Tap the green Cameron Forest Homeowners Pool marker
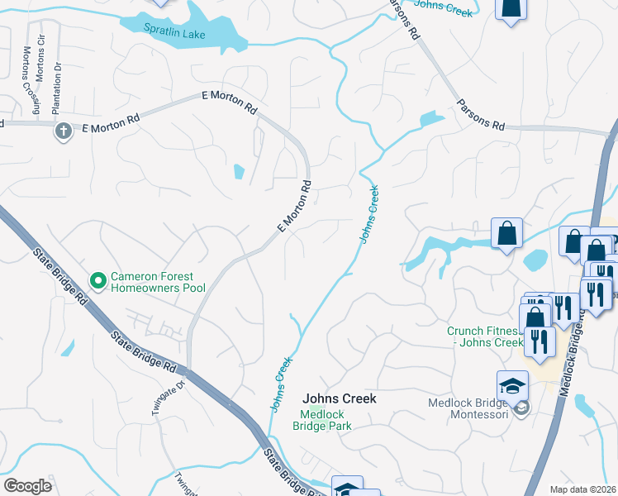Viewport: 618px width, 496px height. [98, 282]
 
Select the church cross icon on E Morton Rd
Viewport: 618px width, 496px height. [63, 131]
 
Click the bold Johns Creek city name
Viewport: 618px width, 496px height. [339, 398]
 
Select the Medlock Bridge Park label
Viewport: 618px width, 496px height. [322, 420]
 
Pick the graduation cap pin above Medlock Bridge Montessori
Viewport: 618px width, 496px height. [512, 387]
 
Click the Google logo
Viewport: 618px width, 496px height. [26, 486]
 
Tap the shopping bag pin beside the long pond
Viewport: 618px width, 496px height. [506, 234]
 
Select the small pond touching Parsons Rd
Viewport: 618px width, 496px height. [431, 120]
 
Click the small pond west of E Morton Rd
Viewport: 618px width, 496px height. [239, 172]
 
